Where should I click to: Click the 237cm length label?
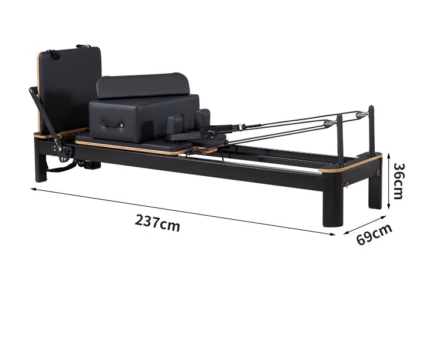(157, 223)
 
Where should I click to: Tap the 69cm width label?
(374, 234)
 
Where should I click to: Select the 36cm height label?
(398, 181)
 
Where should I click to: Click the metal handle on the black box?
(113, 124)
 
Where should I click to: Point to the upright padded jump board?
(70, 90)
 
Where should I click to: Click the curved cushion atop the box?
(143, 85)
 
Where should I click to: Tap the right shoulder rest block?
(202, 118)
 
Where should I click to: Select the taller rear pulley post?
(371, 131)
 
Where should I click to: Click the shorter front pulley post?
(341, 140)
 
